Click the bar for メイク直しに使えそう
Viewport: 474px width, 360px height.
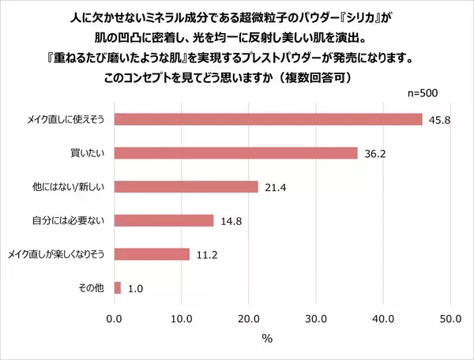pos(269,118)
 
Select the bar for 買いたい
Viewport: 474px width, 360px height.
pos(236,152)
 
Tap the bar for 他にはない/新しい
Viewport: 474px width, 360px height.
pos(186,186)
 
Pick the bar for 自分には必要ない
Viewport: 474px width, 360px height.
pos(164,220)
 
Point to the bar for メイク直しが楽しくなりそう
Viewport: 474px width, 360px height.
pos(152,254)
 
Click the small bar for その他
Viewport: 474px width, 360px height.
pos(118,288)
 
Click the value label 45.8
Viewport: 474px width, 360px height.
pos(438,119)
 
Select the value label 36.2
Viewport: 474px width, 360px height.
pos(374,153)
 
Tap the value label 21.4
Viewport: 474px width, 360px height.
pos(275,187)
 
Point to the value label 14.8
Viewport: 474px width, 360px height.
pos(231,221)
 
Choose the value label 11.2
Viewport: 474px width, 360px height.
pos(206,255)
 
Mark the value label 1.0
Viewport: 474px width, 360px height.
pos(135,289)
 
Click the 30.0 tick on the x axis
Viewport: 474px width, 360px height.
pos(316,319)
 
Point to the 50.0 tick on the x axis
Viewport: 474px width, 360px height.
pos(450,319)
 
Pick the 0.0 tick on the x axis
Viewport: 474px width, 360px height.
pos(115,319)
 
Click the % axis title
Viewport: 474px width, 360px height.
pos(267,338)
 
